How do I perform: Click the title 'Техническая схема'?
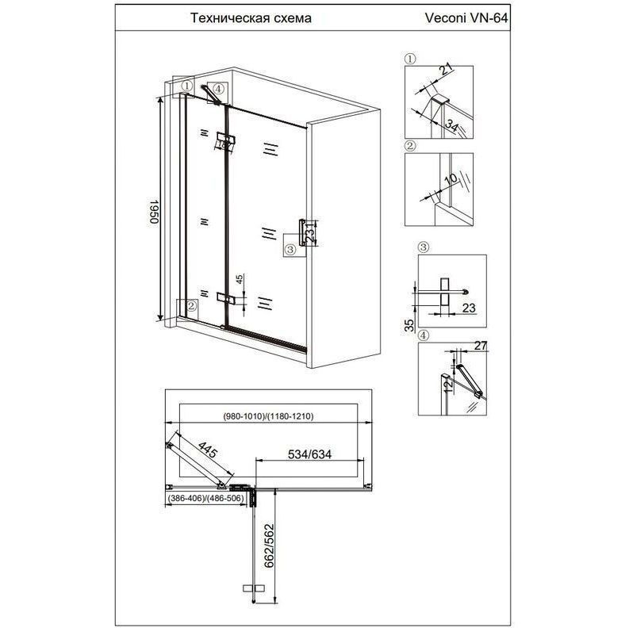point(251,18)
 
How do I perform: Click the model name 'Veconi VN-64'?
point(466,18)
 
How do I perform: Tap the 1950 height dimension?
point(155,212)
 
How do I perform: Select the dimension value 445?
point(208,450)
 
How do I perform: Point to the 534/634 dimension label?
point(309,454)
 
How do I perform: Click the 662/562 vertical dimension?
point(268,546)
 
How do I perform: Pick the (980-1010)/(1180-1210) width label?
point(268,416)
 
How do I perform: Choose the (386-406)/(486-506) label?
point(205,499)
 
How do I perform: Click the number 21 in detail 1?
point(445,71)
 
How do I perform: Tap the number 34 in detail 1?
point(451,126)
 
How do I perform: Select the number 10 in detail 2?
point(451,179)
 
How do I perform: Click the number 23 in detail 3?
point(469,308)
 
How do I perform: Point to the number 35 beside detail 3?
point(409,325)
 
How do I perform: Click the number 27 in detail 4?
point(480,346)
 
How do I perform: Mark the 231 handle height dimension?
point(310,232)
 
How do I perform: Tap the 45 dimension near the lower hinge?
point(240,279)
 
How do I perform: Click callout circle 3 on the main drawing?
point(290,251)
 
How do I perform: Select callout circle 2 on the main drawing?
point(191,306)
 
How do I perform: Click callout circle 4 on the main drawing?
point(217,88)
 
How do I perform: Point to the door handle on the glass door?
point(302,232)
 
